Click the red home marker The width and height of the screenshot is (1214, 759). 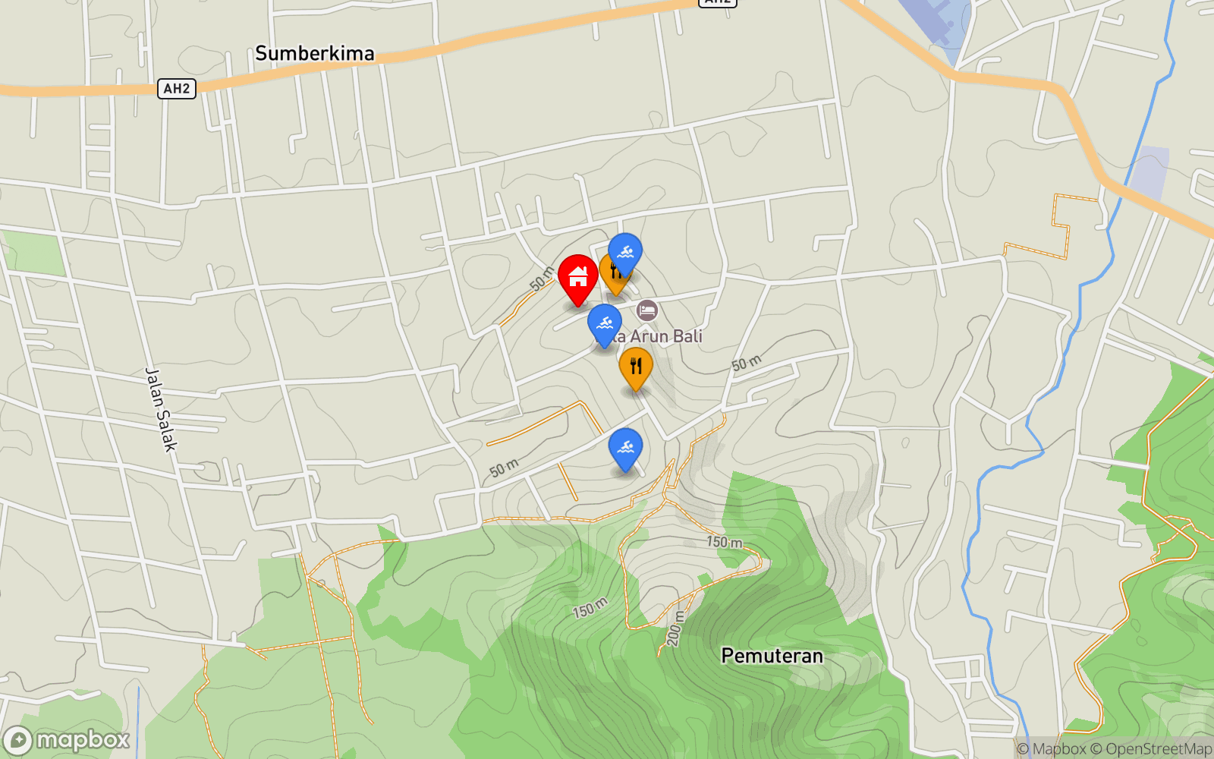578,277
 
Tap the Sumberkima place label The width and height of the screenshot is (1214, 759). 315,53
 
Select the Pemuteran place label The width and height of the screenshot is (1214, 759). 772,656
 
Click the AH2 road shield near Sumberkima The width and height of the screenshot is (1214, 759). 177,89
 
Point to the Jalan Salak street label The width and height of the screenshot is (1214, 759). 161,410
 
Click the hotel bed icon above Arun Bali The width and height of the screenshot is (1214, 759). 647,310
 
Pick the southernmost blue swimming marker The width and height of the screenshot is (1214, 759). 625,448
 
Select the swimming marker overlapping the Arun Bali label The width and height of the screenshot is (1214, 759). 605,324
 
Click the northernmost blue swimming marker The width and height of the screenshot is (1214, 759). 625,253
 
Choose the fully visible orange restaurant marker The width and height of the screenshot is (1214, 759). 636,367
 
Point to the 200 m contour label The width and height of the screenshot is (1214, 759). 675,629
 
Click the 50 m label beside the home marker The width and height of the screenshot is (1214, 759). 542,279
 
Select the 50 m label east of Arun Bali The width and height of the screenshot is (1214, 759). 747,363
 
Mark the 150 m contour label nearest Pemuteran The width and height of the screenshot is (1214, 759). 725,542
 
